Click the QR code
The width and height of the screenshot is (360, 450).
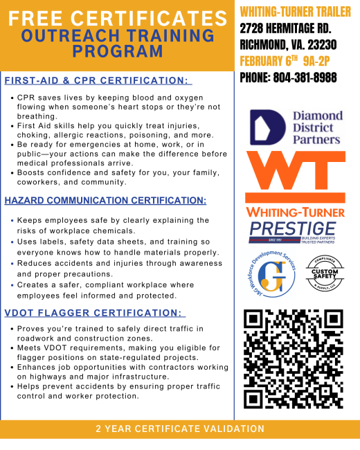pos(294,358)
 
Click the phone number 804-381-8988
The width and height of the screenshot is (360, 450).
pos(288,78)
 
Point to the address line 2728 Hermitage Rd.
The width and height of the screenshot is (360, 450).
pos(286,28)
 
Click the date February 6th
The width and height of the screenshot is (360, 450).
pos(267,60)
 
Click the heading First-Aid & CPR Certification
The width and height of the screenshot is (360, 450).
pos(97,81)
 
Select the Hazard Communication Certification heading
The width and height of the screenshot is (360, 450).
pos(105,201)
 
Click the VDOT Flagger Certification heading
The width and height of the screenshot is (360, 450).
pos(95,312)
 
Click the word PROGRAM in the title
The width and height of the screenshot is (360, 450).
pos(116,51)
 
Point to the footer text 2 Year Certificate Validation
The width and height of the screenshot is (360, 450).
pos(180,429)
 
